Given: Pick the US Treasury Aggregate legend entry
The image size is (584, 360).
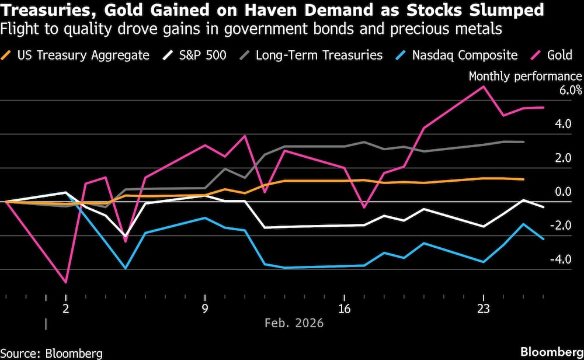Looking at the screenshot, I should coord(83,56).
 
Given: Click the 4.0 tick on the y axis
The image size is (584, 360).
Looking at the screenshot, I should coord(563,124).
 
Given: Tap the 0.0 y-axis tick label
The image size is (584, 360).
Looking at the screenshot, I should coord(563,192).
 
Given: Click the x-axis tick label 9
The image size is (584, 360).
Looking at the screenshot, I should coord(205,309).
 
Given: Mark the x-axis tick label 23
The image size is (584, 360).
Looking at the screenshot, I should coord(483,309).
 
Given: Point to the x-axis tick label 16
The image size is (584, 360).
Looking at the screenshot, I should coord(344,309).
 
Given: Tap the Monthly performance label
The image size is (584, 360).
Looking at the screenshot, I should coord(525,77).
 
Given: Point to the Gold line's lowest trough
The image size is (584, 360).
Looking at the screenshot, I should coord(66,282).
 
